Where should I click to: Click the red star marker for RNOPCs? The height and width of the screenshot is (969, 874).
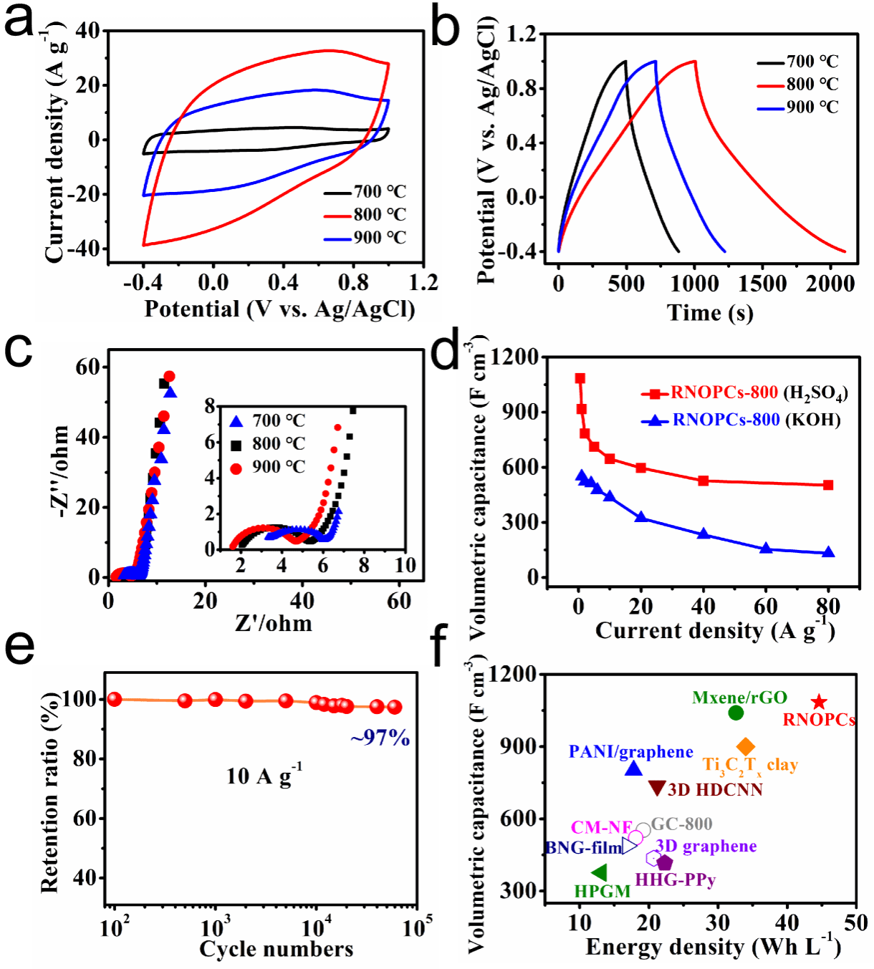[819, 703]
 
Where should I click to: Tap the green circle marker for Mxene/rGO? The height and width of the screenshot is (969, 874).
[736, 713]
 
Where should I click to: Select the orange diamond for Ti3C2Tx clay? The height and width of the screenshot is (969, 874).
[746, 747]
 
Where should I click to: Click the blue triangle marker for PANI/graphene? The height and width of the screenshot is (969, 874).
[633, 768]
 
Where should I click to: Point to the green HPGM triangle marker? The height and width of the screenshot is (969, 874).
[600, 872]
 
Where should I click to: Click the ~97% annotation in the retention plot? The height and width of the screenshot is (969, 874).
[380, 738]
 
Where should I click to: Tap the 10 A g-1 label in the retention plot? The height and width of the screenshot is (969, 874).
[264, 776]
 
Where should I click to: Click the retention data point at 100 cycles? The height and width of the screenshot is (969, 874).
[114, 699]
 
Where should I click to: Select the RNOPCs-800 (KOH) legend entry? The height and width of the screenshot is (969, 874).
[741, 420]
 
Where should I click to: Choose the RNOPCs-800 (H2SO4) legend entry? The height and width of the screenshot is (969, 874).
[745, 393]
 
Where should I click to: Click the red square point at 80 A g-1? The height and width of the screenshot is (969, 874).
[828, 485]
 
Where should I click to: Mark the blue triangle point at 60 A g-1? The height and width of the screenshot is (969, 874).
[766, 549]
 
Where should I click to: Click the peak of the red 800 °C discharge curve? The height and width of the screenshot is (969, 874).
[694, 61]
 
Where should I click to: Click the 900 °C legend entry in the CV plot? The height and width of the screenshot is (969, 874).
[365, 238]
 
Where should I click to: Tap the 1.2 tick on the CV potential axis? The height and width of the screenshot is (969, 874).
[422, 282]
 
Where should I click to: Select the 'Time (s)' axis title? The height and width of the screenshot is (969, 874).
[710, 312]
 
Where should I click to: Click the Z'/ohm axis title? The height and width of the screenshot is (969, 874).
[274, 623]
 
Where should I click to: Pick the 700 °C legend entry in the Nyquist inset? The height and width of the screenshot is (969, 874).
[268, 421]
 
